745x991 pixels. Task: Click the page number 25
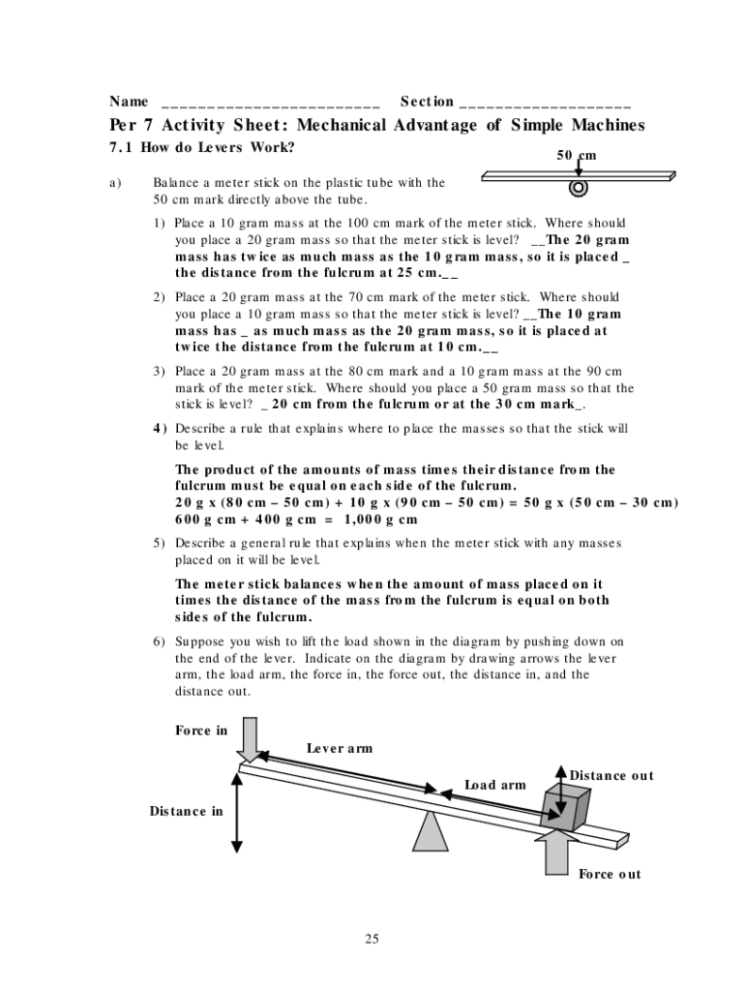tap(372, 938)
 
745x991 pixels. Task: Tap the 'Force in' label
tap(201, 730)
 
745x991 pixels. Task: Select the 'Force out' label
tap(610, 874)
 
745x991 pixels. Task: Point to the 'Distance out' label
tap(611, 775)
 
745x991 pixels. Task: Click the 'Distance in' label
tap(186, 811)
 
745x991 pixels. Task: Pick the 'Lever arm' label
tap(340, 748)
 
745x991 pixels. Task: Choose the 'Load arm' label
tap(495, 784)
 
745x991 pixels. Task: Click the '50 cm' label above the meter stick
tap(577, 156)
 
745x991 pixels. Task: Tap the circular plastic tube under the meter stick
tap(579, 188)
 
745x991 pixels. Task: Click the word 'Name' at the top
tap(129, 101)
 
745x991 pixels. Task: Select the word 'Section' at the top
tap(427, 101)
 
